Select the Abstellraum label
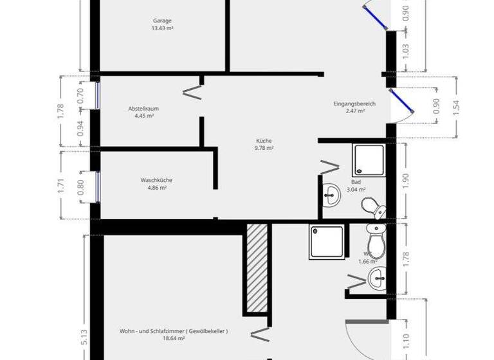(x=143, y=109)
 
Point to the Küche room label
(x=264, y=141)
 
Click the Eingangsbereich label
(x=354, y=104)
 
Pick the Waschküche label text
(x=156, y=180)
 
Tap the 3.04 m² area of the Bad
(x=356, y=190)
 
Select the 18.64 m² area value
(x=174, y=339)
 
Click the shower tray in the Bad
(x=368, y=159)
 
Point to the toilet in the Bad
(x=372, y=206)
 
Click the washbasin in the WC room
(x=377, y=278)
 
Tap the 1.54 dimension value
(x=456, y=107)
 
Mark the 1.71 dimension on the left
(x=61, y=185)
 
